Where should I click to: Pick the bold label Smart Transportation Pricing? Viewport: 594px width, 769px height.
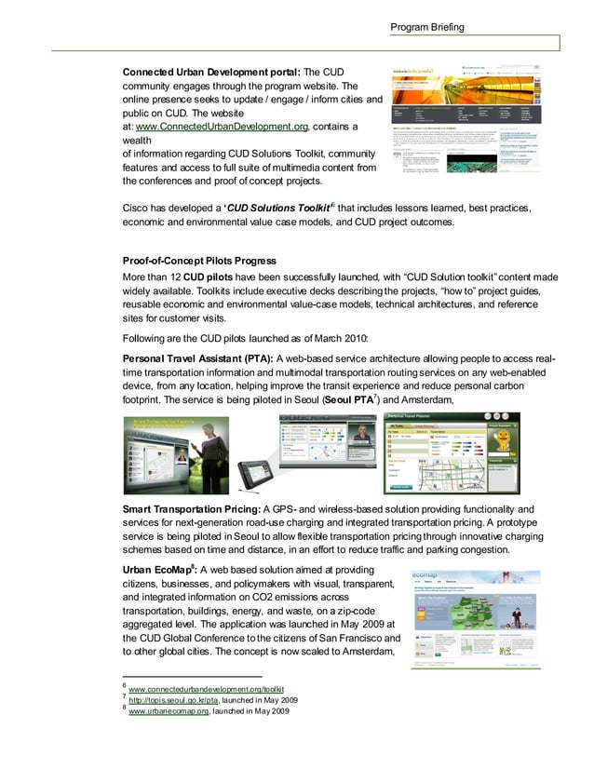point(192,508)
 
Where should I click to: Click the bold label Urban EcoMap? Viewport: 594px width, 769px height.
point(157,570)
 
